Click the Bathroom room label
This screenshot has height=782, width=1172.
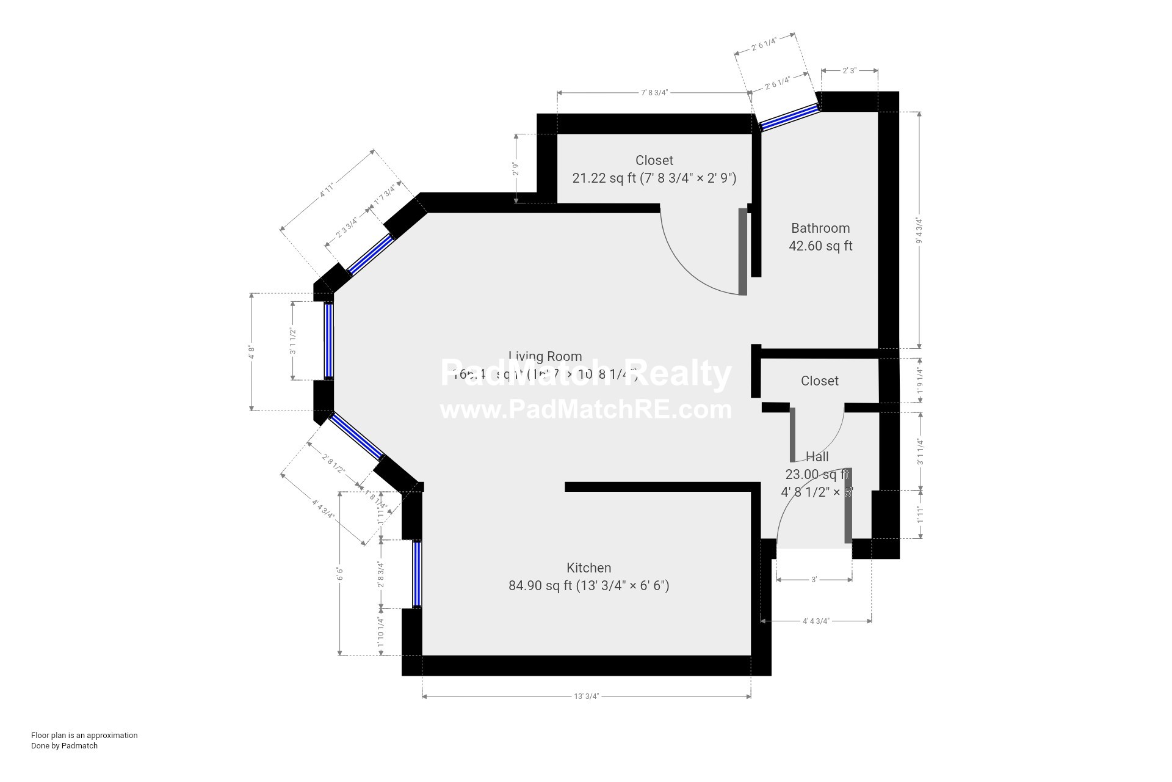pyautogui.click(x=820, y=228)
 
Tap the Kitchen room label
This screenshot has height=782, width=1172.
pyautogui.click(x=588, y=568)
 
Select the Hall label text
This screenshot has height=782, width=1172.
pyautogui.click(x=817, y=457)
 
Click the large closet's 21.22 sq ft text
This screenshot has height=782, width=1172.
pyautogui.click(x=654, y=178)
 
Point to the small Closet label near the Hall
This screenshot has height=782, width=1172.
pyautogui.click(x=819, y=381)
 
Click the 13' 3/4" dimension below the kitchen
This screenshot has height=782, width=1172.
pyautogui.click(x=586, y=696)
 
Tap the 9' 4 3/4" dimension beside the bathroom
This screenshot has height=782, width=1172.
pyautogui.click(x=919, y=230)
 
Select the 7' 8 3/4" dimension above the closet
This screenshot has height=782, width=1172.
pyautogui.click(x=654, y=93)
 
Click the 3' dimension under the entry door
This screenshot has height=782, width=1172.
pyautogui.click(x=814, y=579)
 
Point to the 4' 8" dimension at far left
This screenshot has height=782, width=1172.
pyautogui.click(x=251, y=353)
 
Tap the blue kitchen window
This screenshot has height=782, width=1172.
pyautogui.click(x=417, y=574)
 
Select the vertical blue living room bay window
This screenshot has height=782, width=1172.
pyautogui.click(x=329, y=341)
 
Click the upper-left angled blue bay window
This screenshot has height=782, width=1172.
pyautogui.click(x=371, y=254)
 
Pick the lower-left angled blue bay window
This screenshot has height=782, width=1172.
pyautogui.click(x=357, y=436)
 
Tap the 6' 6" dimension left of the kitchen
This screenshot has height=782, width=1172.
pyautogui.click(x=340, y=574)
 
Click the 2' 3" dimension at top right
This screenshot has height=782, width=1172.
pyautogui.click(x=849, y=71)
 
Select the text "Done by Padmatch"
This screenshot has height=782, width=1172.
pyautogui.click(x=64, y=745)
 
